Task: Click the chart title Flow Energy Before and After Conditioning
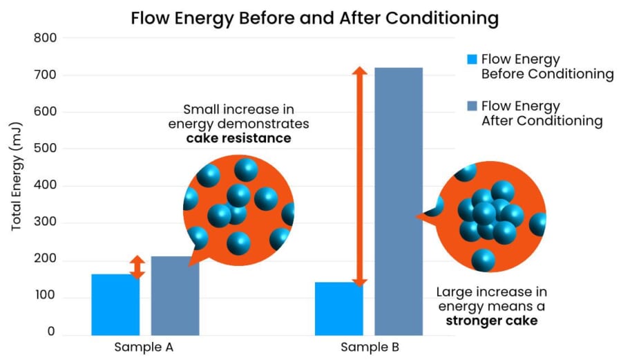pyautogui.click(x=315, y=18)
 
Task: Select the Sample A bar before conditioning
pyautogui.click(x=115, y=304)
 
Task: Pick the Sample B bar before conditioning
pyautogui.click(x=338, y=308)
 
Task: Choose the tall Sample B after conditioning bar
pyautogui.click(x=399, y=200)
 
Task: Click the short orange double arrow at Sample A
pyautogui.click(x=137, y=267)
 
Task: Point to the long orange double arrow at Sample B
pyautogui.click(x=359, y=176)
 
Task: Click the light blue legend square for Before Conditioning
pyautogui.click(x=472, y=59)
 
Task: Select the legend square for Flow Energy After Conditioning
pyautogui.click(x=472, y=106)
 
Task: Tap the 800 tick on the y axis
pyautogui.click(x=44, y=37)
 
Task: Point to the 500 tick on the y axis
pyautogui.click(x=44, y=149)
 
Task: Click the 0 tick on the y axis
pyautogui.click(x=50, y=332)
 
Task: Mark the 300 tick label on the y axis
pyautogui.click(x=44, y=223)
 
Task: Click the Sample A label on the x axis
pyautogui.click(x=144, y=347)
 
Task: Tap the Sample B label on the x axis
pyautogui.click(x=370, y=347)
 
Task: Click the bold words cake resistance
pyautogui.click(x=238, y=138)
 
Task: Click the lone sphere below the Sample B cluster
pyautogui.click(x=484, y=260)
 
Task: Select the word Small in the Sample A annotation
pyautogui.click(x=200, y=109)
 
